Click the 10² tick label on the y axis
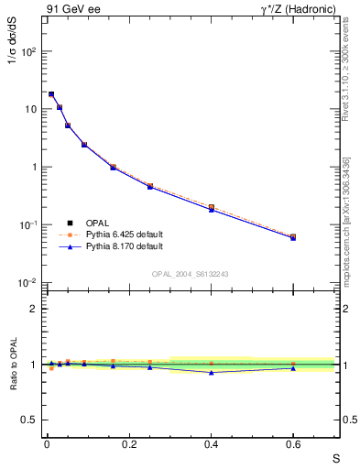[x=29, y=51]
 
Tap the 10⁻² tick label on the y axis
[x=29, y=283]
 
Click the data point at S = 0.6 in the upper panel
[x=293, y=237]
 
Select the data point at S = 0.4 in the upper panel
[x=211, y=208]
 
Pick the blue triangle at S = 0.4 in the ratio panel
[x=211, y=372]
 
